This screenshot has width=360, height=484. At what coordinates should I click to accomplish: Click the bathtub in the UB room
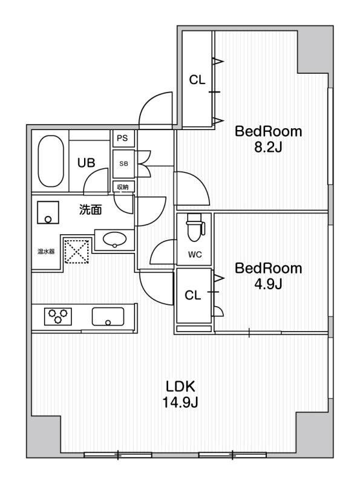coord(51,161)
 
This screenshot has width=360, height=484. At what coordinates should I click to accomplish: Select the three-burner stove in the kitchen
coord(58,316)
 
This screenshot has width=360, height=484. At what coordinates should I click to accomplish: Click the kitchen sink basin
coord(108,316)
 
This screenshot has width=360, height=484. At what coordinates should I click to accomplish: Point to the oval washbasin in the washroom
coord(114,240)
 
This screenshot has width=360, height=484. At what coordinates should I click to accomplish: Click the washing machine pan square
coord(48,212)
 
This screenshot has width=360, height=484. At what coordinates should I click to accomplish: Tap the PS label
coord(122,138)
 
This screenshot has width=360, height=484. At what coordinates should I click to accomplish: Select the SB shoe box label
coord(123,164)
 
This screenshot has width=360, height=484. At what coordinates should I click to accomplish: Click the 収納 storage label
coord(123,187)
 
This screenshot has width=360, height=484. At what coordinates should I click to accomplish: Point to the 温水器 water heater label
coord(46,252)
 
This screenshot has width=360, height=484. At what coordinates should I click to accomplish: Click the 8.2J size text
coord(268,148)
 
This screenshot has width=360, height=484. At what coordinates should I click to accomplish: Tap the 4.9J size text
coord(268,284)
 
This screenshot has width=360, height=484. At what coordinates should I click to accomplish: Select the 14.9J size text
coord(180,402)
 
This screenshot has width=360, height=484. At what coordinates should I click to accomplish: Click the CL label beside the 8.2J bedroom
coord(197,80)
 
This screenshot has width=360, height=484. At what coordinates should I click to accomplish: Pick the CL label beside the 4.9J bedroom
coord(192,295)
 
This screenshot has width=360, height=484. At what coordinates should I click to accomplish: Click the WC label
coord(195,255)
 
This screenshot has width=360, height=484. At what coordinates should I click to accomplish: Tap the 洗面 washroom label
coord(90,209)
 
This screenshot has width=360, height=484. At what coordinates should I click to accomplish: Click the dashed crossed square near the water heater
coord(77,252)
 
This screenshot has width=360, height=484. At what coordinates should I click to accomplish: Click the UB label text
coord(86,163)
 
